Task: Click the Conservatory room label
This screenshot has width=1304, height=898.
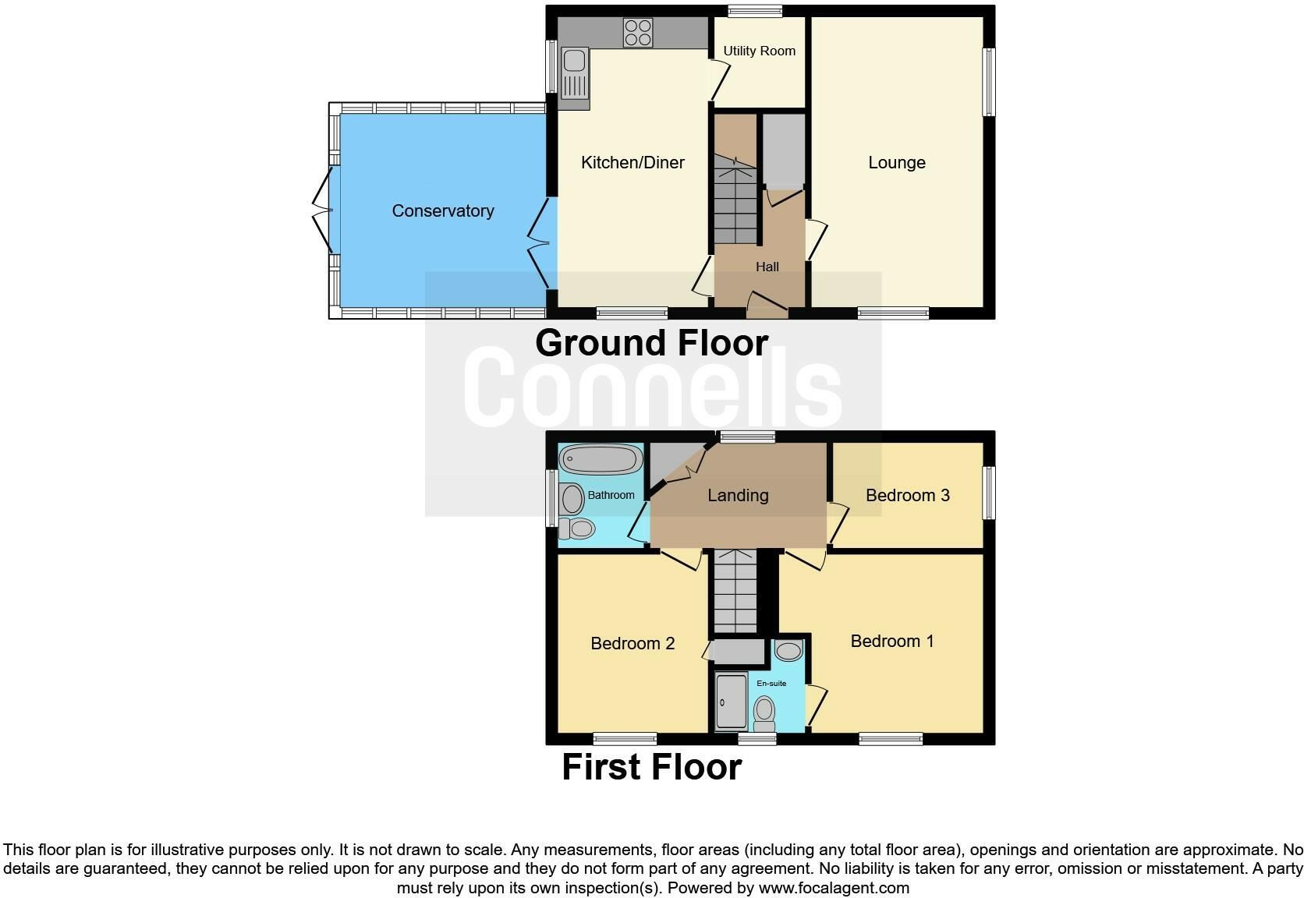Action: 442,210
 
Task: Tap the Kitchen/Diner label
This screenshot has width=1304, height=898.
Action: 633,162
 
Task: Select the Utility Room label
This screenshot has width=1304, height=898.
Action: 759,51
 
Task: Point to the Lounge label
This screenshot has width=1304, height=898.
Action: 897,163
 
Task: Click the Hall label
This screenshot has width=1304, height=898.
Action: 767,267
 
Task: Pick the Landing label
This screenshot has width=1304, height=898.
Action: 738,495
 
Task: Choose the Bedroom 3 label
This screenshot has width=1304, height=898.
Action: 908,495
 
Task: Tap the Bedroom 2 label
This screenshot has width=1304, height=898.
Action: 633,643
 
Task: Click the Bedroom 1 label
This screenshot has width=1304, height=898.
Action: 892,642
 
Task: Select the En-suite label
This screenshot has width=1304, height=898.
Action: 771,684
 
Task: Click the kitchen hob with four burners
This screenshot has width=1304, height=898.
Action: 637,32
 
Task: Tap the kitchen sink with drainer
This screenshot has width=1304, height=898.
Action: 575,79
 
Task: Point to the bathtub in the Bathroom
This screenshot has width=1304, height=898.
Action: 601,459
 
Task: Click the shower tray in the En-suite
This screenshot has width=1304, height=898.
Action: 732,702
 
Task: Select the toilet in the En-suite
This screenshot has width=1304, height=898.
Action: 764,714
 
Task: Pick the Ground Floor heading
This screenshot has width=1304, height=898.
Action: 651,343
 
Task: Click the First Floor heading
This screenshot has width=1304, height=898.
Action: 651,767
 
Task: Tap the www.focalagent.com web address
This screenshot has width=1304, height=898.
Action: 834,888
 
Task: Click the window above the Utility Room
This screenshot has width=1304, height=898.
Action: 755,11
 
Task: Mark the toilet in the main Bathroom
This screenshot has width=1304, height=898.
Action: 576,529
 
